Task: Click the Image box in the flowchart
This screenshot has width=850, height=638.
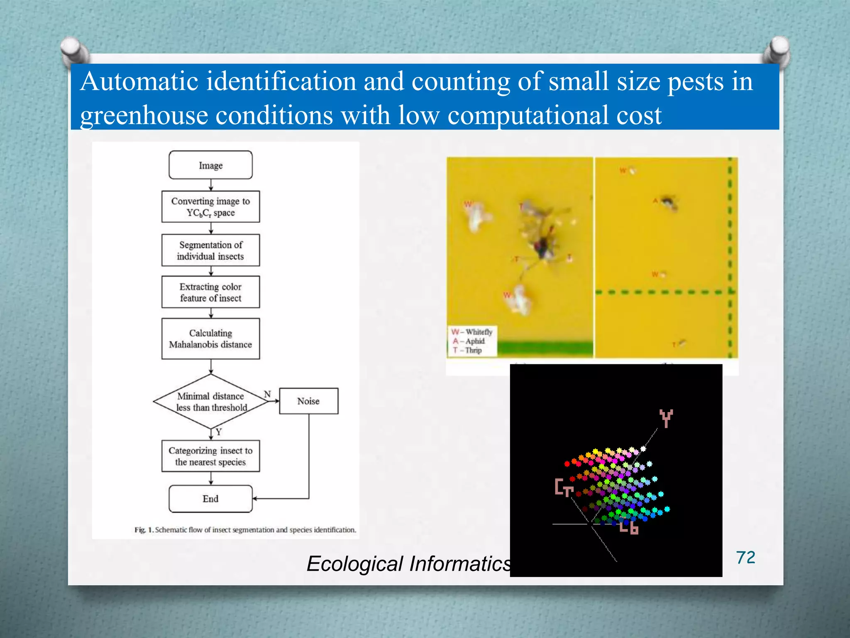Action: (210, 165)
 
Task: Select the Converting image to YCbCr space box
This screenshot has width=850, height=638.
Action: (210, 207)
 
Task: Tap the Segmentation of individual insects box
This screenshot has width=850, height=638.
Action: (210, 250)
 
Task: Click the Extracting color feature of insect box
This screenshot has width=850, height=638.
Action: (210, 292)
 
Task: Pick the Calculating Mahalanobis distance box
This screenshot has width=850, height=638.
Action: (210, 339)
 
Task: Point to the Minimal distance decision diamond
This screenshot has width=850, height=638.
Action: (211, 402)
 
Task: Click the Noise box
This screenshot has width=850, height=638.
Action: (308, 401)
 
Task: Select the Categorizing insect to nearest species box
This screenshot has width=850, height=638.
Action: (210, 456)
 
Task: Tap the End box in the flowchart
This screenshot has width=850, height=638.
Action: (210, 499)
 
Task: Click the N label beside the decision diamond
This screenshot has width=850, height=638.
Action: (267, 394)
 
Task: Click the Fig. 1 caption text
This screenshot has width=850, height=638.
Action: (245, 530)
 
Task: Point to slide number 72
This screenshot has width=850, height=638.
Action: (745, 557)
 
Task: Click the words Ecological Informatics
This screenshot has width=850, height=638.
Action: (409, 564)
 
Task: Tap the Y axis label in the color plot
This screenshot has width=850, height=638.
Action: (666, 418)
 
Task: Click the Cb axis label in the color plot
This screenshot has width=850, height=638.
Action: (628, 528)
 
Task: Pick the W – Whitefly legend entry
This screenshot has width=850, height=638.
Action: (472, 332)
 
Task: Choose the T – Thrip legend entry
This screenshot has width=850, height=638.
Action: (467, 350)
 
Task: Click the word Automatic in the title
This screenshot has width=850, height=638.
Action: (139, 81)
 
